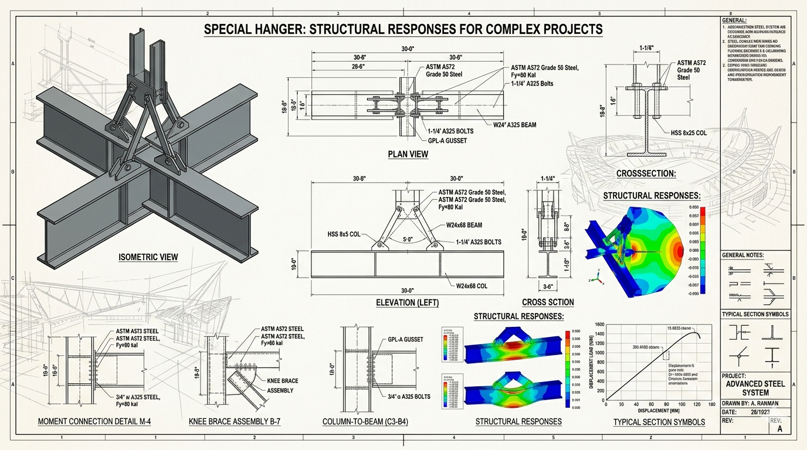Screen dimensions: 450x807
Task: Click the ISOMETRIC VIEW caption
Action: coord(148,257)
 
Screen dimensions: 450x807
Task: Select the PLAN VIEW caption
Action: coord(408,154)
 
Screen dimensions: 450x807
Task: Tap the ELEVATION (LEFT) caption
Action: coord(407,303)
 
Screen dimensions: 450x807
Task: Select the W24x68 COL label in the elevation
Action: coord(480,287)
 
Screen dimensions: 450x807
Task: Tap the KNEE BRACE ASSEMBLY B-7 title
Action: coord(235,421)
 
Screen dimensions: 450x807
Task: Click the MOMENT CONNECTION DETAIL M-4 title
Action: coord(103,421)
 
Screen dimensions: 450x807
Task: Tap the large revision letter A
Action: coord(779,429)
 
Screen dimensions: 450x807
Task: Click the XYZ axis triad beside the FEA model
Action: coord(597,279)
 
